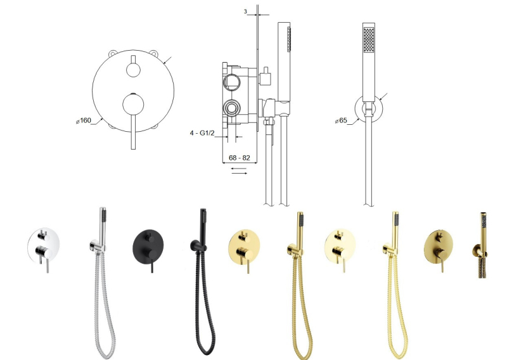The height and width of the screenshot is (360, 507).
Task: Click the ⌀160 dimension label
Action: click(x=84, y=120)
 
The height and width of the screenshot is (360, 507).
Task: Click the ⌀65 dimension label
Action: click(x=341, y=120)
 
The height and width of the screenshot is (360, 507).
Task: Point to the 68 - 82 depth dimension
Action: click(x=240, y=158)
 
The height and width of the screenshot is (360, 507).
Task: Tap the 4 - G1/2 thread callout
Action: click(x=202, y=133)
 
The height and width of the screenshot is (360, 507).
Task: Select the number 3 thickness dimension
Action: click(x=245, y=11)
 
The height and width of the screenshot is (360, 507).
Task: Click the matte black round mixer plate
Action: click(x=148, y=247)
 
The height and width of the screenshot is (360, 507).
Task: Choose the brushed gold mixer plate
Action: click(x=439, y=247)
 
